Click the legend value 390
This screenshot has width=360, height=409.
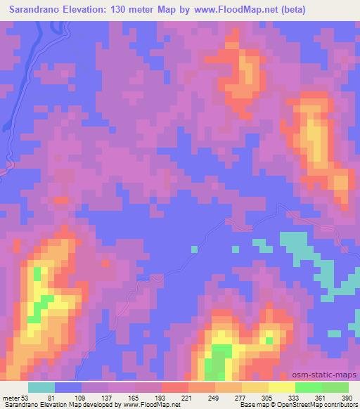[x=347, y=397]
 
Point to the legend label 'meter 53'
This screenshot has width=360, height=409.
[x=15, y=397]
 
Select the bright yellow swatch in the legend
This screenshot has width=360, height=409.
[x=281, y=387]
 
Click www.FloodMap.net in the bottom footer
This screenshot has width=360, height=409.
[x=150, y=405]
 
